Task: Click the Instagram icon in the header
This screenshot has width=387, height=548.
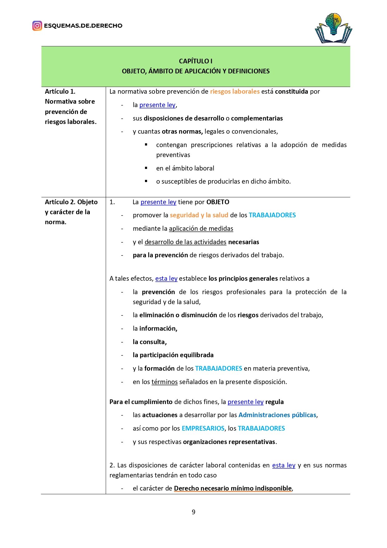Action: [x=37, y=26]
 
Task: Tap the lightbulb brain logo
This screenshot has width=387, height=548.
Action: [x=333, y=28]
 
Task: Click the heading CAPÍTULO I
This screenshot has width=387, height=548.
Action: [x=196, y=61]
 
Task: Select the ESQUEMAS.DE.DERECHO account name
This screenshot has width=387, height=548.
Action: [x=83, y=26]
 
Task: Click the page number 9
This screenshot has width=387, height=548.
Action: [x=193, y=512]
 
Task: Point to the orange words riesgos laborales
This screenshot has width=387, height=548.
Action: [x=235, y=91]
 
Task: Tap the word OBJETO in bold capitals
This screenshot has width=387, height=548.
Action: [x=218, y=202]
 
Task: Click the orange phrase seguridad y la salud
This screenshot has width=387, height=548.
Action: [x=199, y=215]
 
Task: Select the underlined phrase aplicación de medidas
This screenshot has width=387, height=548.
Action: [x=201, y=229]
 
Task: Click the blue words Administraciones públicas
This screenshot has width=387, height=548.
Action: [x=277, y=415]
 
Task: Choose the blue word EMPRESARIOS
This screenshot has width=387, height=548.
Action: [x=203, y=428]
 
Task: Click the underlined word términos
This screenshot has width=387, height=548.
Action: [x=164, y=382]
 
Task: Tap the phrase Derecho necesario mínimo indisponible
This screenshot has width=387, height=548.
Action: [x=233, y=488]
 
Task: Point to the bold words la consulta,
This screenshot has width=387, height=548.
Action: [x=150, y=342]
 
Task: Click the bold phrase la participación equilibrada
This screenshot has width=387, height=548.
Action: [x=173, y=355]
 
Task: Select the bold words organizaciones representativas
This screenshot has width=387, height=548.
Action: [x=229, y=442]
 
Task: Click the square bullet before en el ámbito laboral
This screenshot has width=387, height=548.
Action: [x=146, y=168]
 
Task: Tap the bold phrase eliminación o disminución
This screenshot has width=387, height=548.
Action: [x=178, y=315]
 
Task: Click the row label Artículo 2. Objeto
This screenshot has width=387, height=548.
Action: [x=71, y=202]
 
